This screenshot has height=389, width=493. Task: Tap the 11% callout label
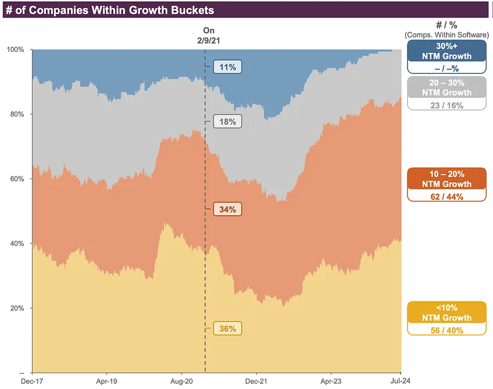tap(227, 67)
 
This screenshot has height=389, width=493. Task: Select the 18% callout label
tap(227, 122)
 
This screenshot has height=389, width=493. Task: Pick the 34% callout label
tap(227, 209)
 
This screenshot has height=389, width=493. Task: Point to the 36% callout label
tap(227, 329)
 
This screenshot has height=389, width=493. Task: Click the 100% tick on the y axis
tap(15, 49)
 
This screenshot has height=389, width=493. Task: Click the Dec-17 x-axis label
tap(32, 381)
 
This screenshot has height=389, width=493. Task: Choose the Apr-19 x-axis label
tap(107, 381)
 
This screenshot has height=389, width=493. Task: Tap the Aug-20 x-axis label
tap(181, 381)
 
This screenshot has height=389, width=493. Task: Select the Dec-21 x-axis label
tap(256, 381)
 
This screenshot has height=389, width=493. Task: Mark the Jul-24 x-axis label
tap(401, 381)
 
